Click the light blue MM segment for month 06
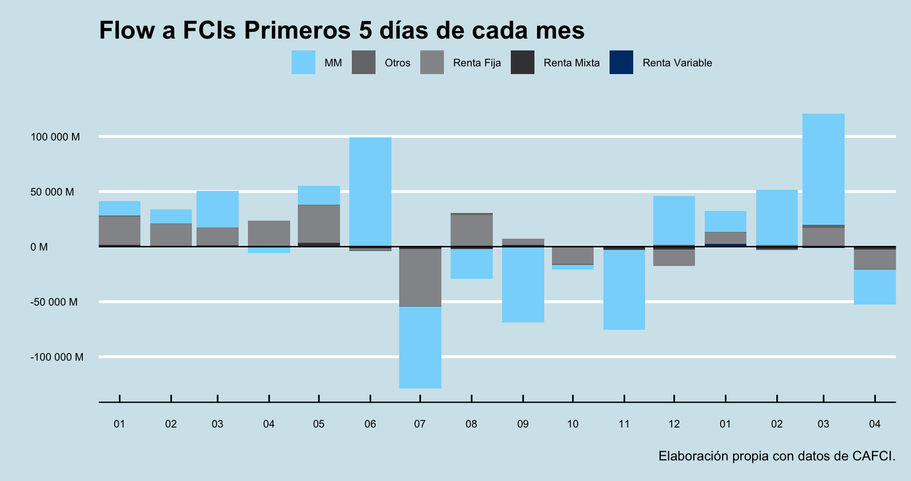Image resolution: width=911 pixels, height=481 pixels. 370,191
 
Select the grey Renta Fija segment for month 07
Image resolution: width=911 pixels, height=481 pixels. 420,278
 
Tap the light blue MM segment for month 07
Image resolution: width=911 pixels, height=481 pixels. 420,347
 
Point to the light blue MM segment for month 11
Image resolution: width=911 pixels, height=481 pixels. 624,290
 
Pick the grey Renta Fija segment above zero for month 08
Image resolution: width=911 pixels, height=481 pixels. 471,230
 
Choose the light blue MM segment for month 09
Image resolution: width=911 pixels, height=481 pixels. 523,285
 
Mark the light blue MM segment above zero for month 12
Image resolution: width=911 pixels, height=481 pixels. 674,220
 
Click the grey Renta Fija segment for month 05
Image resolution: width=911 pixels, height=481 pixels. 318,224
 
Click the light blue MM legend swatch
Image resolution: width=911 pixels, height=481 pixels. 303,63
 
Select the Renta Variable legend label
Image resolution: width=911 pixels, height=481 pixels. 677,63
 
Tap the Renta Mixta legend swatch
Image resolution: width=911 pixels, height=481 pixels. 523,63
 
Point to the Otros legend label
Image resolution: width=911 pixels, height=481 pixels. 397,63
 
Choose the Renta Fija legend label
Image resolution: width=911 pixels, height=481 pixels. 477,63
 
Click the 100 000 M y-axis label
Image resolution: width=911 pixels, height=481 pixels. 55,137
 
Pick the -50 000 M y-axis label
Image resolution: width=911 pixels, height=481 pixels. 53,302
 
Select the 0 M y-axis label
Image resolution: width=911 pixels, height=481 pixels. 39,247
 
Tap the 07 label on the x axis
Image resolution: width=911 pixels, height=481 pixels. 420,424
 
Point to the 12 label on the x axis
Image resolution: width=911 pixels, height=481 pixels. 674,424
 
